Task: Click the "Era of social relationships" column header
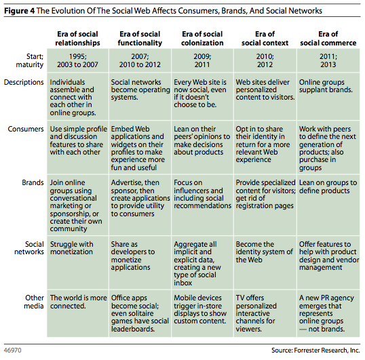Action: pyautogui.click(x=77, y=39)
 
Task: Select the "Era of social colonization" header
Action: pyautogui.click(x=202, y=39)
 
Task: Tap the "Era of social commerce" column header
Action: pyautogui.click(x=328, y=39)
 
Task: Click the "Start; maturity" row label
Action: pyautogui.click(x=30, y=60)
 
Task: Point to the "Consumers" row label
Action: pyautogui.click(x=26, y=129)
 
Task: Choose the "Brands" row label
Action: pyautogui.click(x=33, y=182)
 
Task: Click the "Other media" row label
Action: pyautogui.click(x=34, y=302)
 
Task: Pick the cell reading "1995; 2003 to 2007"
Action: pyautogui.click(x=77, y=60)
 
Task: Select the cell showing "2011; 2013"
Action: pyautogui.click(x=328, y=60)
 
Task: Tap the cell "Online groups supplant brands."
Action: pyautogui.click(x=328, y=96)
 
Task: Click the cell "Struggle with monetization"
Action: pyautogui.click(x=77, y=262)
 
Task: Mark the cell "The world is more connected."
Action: pyautogui.click(x=77, y=313)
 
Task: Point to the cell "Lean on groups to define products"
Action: pyautogui.click(x=328, y=205)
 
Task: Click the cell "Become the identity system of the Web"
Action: pyautogui.click(x=265, y=262)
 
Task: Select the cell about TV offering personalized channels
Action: pyautogui.click(x=265, y=313)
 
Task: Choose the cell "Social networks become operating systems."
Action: pyautogui.click(x=140, y=96)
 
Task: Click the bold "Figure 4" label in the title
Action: pyautogui.click(x=19, y=11)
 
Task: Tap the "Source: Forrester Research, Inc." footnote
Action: pyautogui.click(x=315, y=351)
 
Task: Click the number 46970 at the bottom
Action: pyautogui.click(x=13, y=351)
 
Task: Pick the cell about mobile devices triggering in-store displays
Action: pyautogui.click(x=202, y=313)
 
